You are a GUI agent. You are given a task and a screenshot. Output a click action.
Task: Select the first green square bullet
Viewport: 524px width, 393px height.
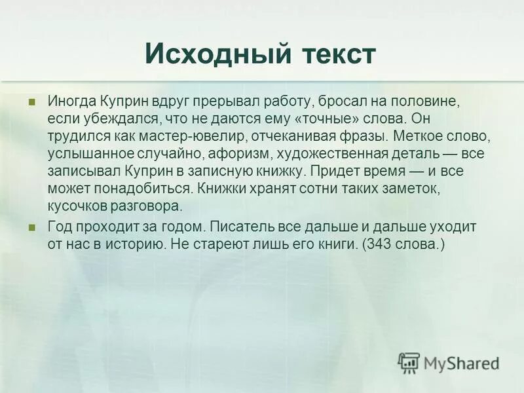click(x=31, y=103)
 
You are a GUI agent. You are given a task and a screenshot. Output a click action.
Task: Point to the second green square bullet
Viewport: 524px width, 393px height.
click(x=31, y=227)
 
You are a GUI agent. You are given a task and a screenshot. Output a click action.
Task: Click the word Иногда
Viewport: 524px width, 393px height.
click(x=72, y=102)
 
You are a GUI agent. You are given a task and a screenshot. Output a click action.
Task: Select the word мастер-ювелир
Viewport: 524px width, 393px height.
click(x=179, y=137)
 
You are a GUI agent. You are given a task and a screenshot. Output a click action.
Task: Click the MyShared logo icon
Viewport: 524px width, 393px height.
click(x=409, y=362)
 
